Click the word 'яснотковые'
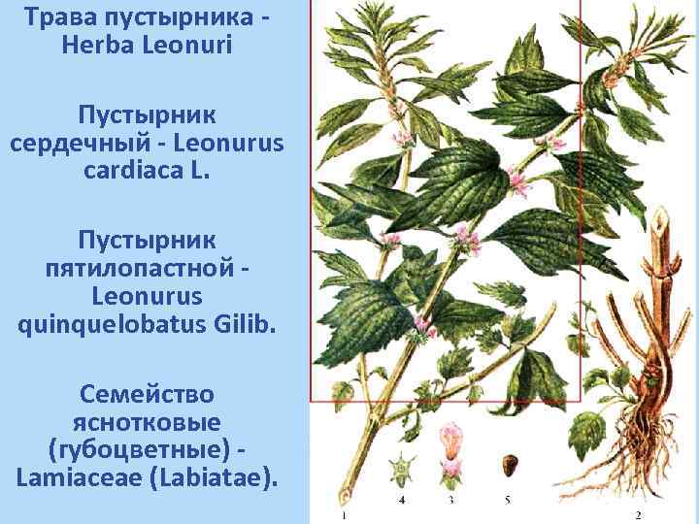click(x=147, y=422)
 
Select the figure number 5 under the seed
click(x=507, y=501)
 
